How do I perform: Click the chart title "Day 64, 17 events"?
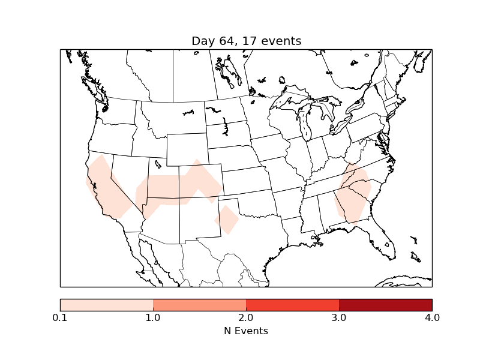[x=246, y=41]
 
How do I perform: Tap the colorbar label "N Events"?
[x=246, y=331]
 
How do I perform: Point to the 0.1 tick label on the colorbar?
[x=60, y=317]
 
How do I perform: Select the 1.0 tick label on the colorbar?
[x=153, y=317]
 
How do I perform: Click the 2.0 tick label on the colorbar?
[x=246, y=317]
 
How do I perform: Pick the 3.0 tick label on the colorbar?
[x=339, y=317]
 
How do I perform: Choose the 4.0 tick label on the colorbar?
[x=431, y=317]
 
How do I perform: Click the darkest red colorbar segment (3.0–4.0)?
[x=385, y=305]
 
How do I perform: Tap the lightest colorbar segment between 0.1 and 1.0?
[x=107, y=305]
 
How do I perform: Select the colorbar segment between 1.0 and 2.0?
[x=200, y=305]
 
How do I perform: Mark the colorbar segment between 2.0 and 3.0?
[x=293, y=305]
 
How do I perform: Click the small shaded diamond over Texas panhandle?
[x=227, y=220]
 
